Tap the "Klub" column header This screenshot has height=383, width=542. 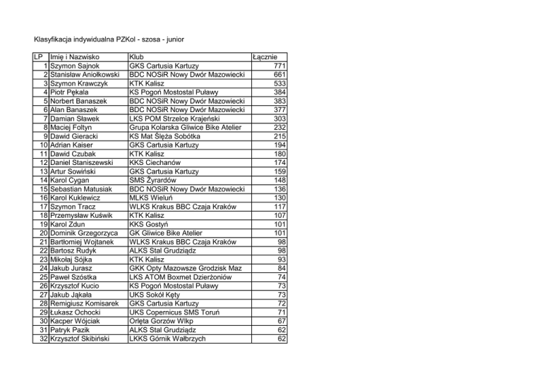138,57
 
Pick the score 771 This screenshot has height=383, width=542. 278,66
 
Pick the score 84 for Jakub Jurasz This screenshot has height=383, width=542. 281,268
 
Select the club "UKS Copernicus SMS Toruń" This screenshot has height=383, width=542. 176,312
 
